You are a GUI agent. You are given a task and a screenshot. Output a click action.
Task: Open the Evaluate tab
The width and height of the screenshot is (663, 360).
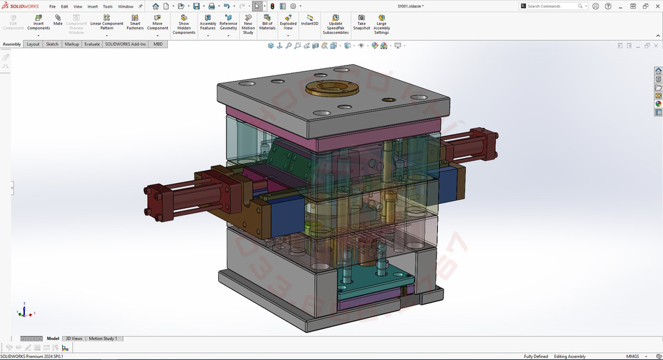tap(92, 44)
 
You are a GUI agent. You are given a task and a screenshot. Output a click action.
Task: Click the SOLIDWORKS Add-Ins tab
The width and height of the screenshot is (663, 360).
tap(126, 44)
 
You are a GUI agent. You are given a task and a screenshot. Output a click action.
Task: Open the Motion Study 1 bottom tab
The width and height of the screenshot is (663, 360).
tap(103, 339)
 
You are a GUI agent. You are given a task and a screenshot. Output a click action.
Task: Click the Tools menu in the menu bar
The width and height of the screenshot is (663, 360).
tap(108, 6)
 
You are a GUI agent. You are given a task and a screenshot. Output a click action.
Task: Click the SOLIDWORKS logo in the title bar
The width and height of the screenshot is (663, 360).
tap(21, 6)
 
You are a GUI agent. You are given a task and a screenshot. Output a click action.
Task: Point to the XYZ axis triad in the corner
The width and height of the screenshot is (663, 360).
tap(24, 311)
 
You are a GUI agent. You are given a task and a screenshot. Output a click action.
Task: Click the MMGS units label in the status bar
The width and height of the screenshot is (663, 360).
tap(633, 357)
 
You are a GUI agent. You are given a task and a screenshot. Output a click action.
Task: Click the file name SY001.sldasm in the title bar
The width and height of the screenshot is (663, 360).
tap(410, 6)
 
